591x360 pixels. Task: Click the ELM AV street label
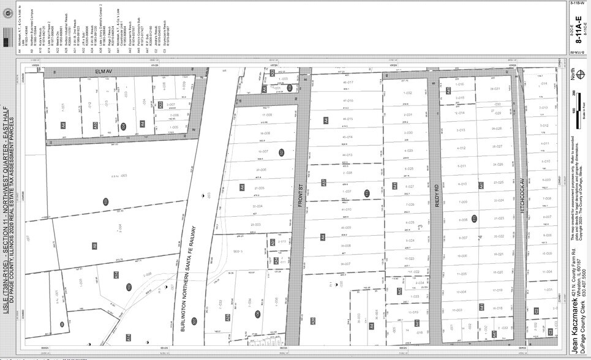(101, 72)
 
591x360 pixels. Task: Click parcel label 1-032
(408, 92)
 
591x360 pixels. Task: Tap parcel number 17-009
(266, 114)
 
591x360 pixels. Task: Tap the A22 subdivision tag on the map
(161, 105)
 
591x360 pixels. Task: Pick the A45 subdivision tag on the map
(448, 91)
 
